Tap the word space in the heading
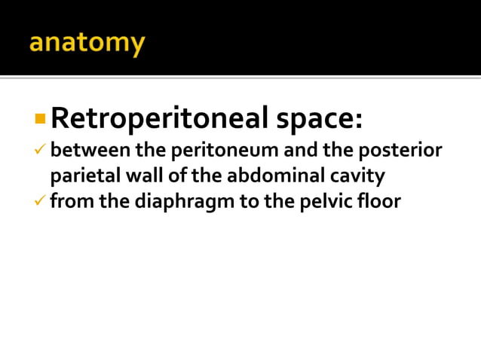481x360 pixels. pos(317,117)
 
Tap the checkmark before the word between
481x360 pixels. pos(41,151)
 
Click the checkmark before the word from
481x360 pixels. pos(41,202)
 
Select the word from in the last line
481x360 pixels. pos(70,202)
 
